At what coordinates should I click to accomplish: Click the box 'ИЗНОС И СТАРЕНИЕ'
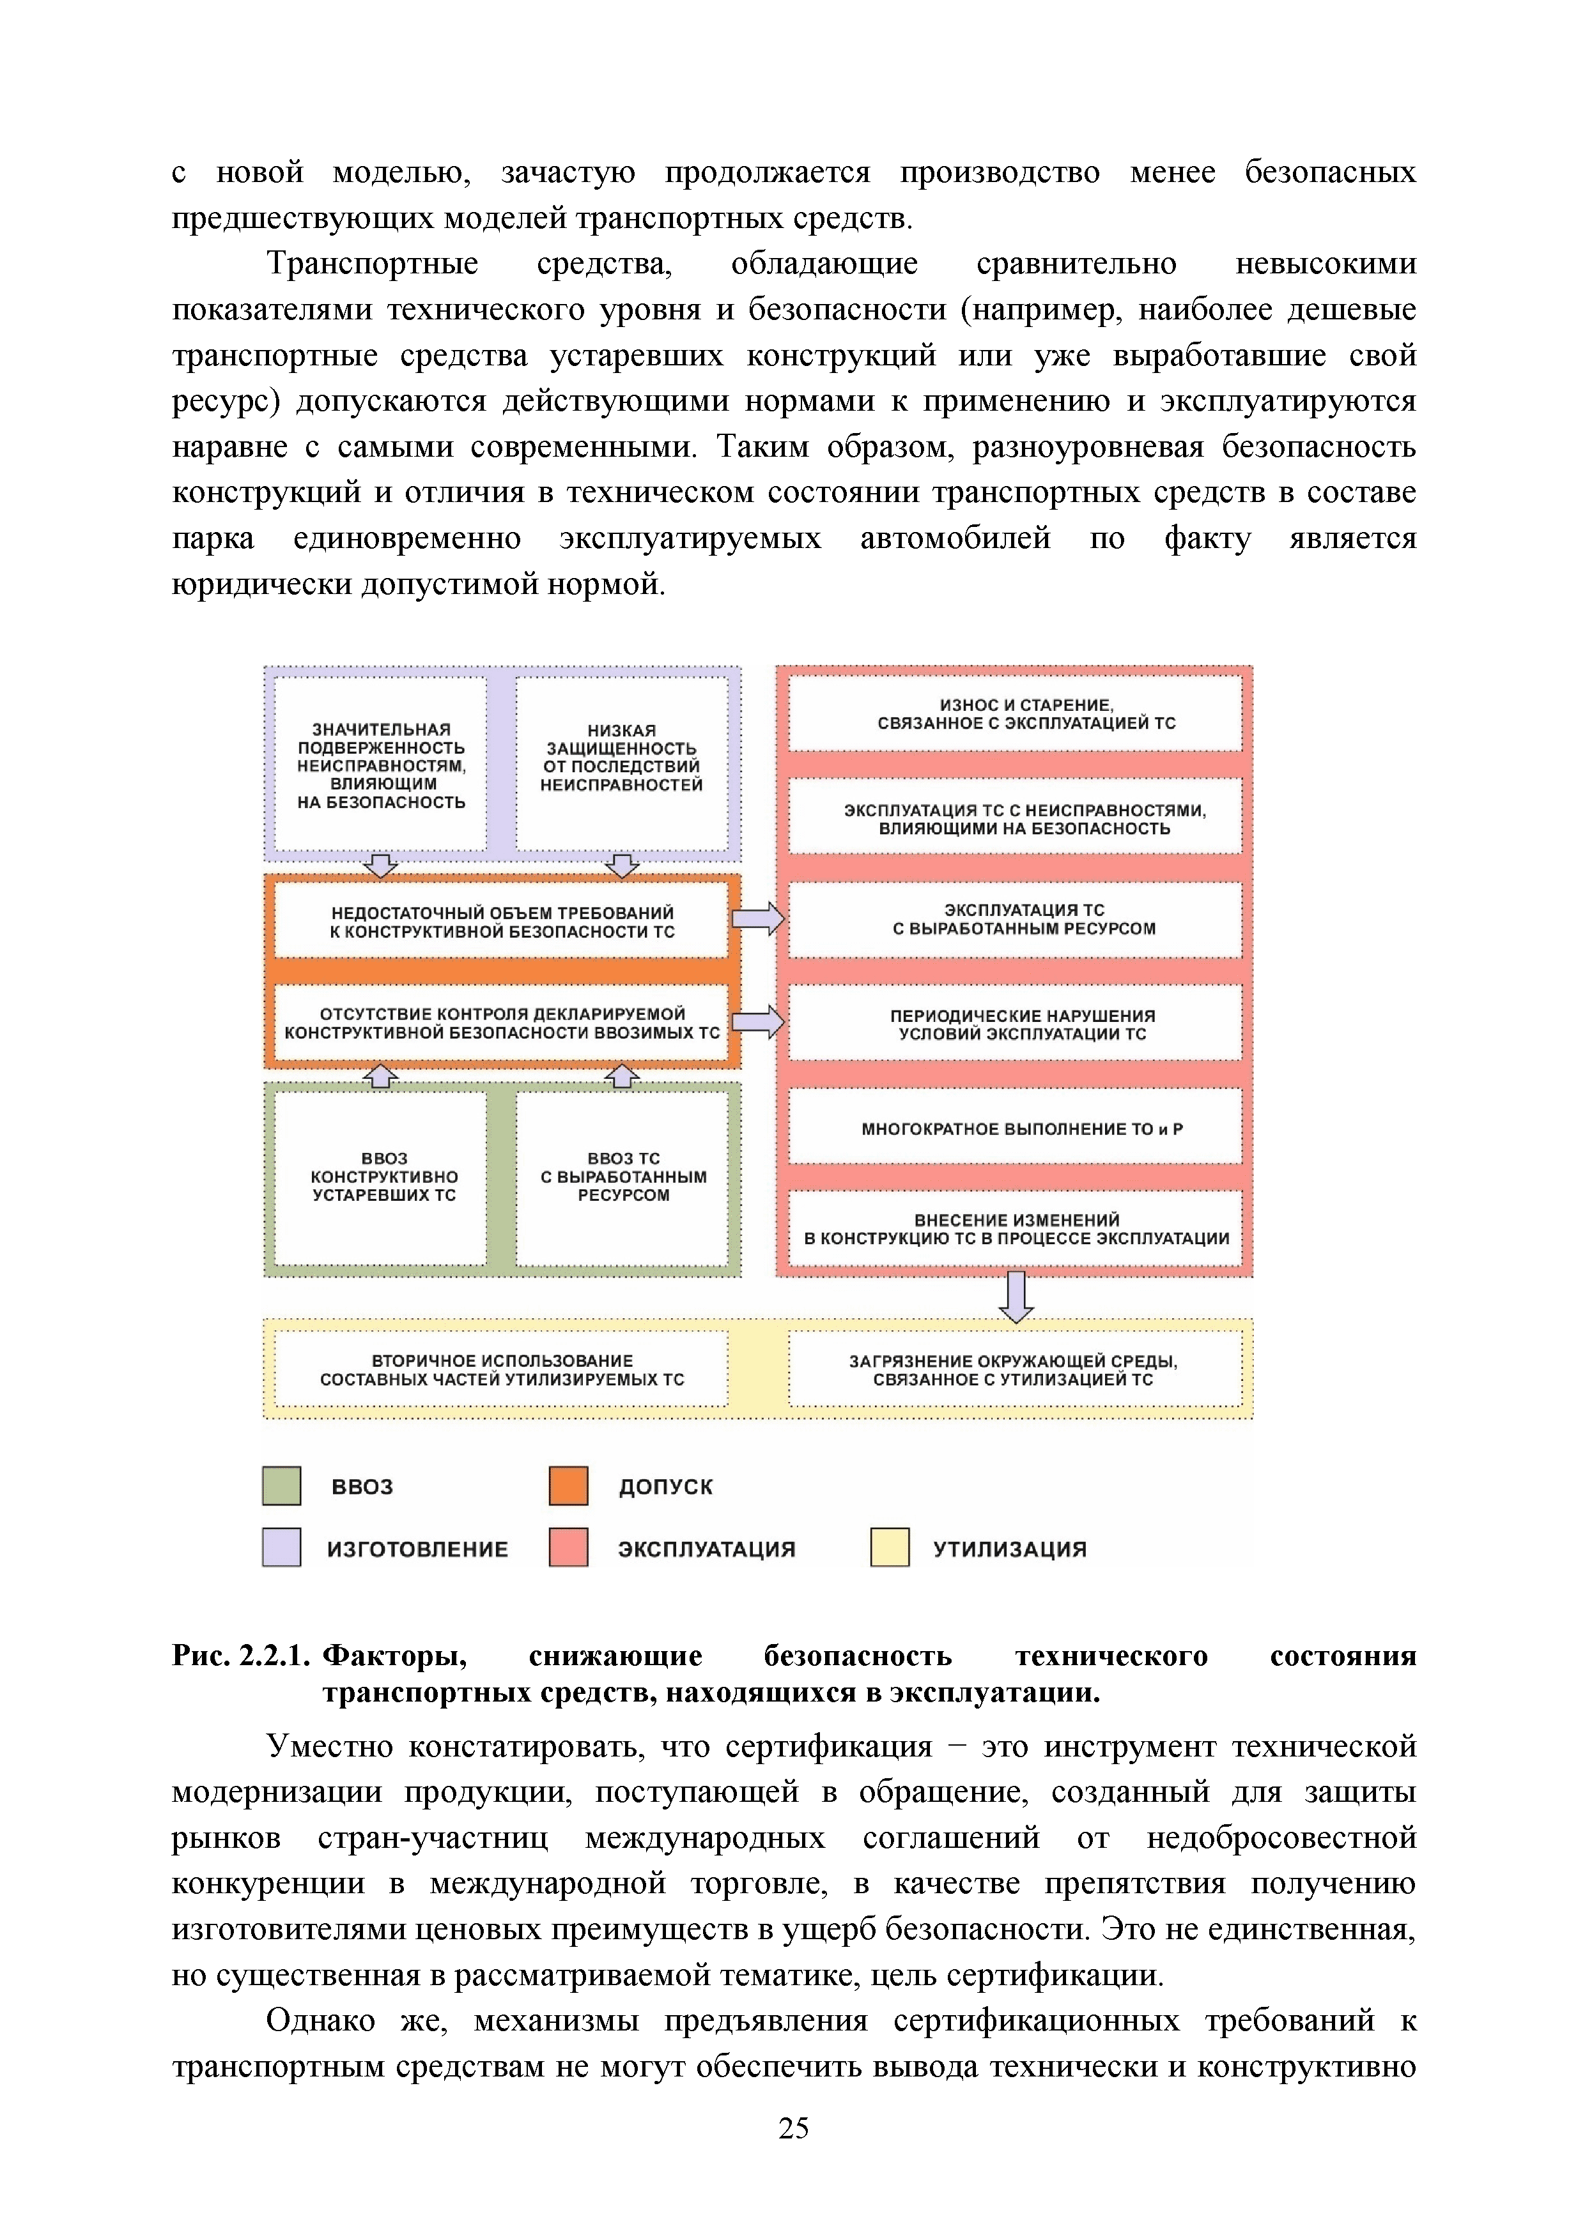[1014, 714]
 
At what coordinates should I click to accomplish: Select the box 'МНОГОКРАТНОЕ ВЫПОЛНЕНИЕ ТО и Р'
[1014, 1129]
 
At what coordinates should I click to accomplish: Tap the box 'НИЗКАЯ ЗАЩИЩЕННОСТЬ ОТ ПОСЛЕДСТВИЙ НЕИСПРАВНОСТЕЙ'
[622, 760]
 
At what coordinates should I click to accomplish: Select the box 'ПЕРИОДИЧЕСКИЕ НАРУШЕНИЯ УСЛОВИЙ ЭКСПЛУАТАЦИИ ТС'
[1014, 1025]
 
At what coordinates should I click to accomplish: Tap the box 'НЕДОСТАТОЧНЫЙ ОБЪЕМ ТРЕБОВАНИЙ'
[502, 922]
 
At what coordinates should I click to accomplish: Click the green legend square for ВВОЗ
[281, 1486]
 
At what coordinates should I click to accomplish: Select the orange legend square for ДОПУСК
[568, 1486]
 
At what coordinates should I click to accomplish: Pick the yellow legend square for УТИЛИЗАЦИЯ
[889, 1548]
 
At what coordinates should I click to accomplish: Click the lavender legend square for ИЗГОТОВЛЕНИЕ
[281, 1548]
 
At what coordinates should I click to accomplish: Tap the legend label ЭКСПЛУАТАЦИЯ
[707, 1550]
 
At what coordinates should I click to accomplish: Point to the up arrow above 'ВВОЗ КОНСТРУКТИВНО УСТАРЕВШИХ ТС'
[381, 1076]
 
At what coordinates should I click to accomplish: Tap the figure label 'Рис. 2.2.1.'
[240, 1656]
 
